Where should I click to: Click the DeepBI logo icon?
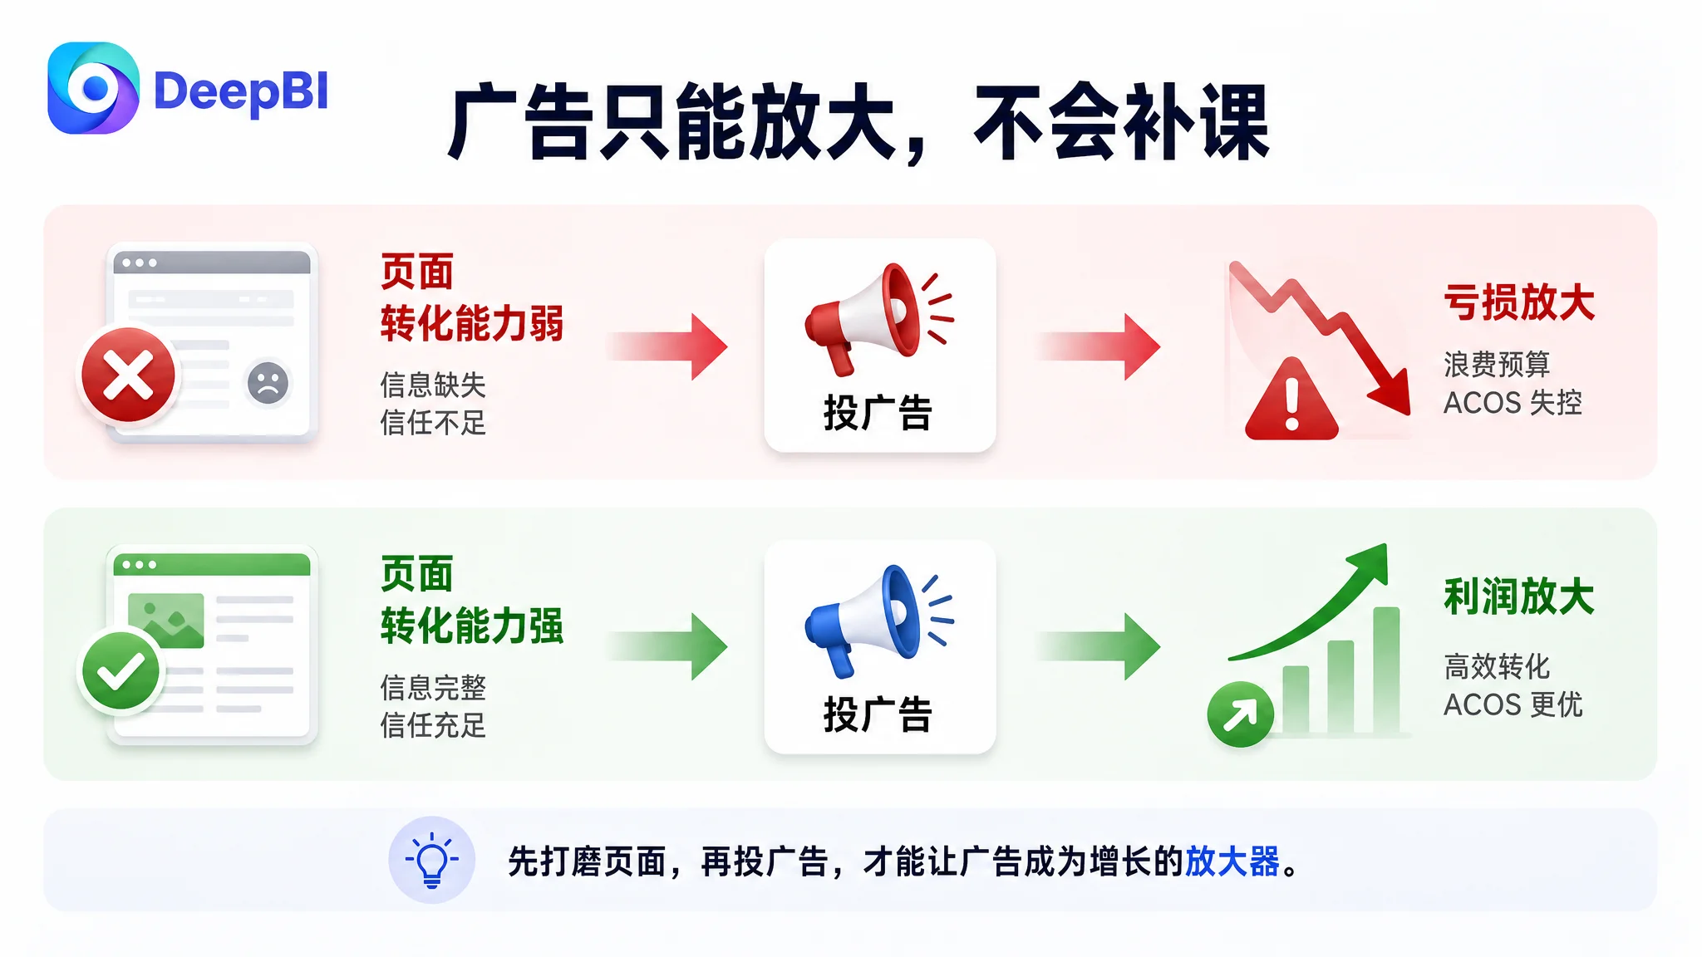(93, 88)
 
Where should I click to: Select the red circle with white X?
(128, 375)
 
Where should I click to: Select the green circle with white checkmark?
(121, 671)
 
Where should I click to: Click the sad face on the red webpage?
(268, 383)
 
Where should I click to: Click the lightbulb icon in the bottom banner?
(432, 861)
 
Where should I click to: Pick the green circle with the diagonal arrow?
(1240, 714)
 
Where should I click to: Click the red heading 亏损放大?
(1519, 302)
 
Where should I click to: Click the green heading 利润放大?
(1519, 596)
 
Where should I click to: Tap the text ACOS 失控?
(1513, 403)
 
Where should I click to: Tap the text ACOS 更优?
(1513, 704)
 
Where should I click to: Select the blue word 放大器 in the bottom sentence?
(1232, 861)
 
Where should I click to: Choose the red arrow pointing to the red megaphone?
(668, 346)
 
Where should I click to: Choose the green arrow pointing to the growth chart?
(1099, 646)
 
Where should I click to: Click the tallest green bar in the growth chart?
(1386, 670)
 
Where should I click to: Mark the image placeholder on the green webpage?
(166, 620)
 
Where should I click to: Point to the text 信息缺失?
(433, 385)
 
